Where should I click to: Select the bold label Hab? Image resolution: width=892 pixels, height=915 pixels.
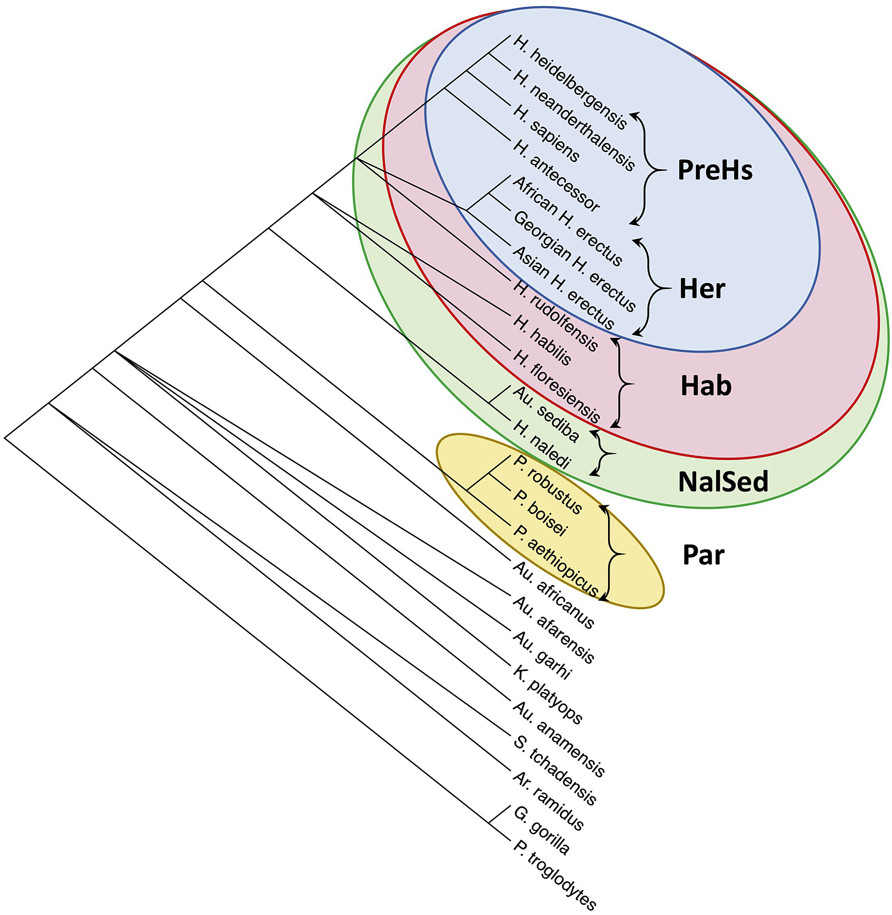pos(706,386)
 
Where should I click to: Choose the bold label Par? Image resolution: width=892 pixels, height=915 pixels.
pos(704,555)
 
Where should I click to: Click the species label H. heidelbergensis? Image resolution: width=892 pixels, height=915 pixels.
pos(570,82)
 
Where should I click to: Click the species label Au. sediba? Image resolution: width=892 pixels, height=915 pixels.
pos(546,414)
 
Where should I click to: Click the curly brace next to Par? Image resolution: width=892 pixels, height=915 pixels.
pos(611,554)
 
